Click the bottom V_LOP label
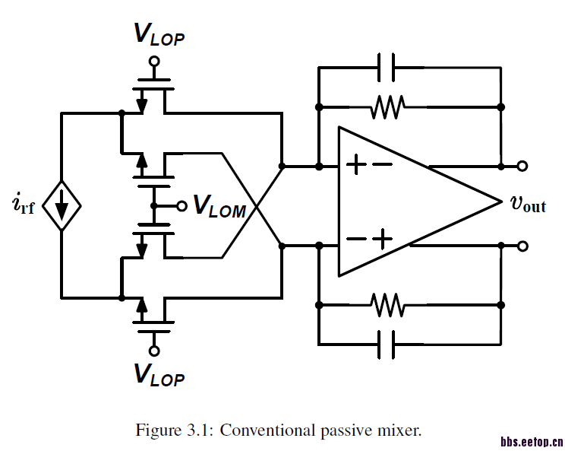[x=159, y=376]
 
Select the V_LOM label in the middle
[x=219, y=206]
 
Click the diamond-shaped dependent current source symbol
[x=62, y=206]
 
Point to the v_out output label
[x=528, y=204]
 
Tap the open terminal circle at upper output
[x=522, y=165]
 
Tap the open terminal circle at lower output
[x=522, y=246]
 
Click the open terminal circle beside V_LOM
[x=181, y=205]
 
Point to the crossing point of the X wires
[x=254, y=205]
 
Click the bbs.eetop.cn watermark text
[x=531, y=440]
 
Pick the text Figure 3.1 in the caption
[x=174, y=431]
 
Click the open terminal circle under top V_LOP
[x=154, y=61]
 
